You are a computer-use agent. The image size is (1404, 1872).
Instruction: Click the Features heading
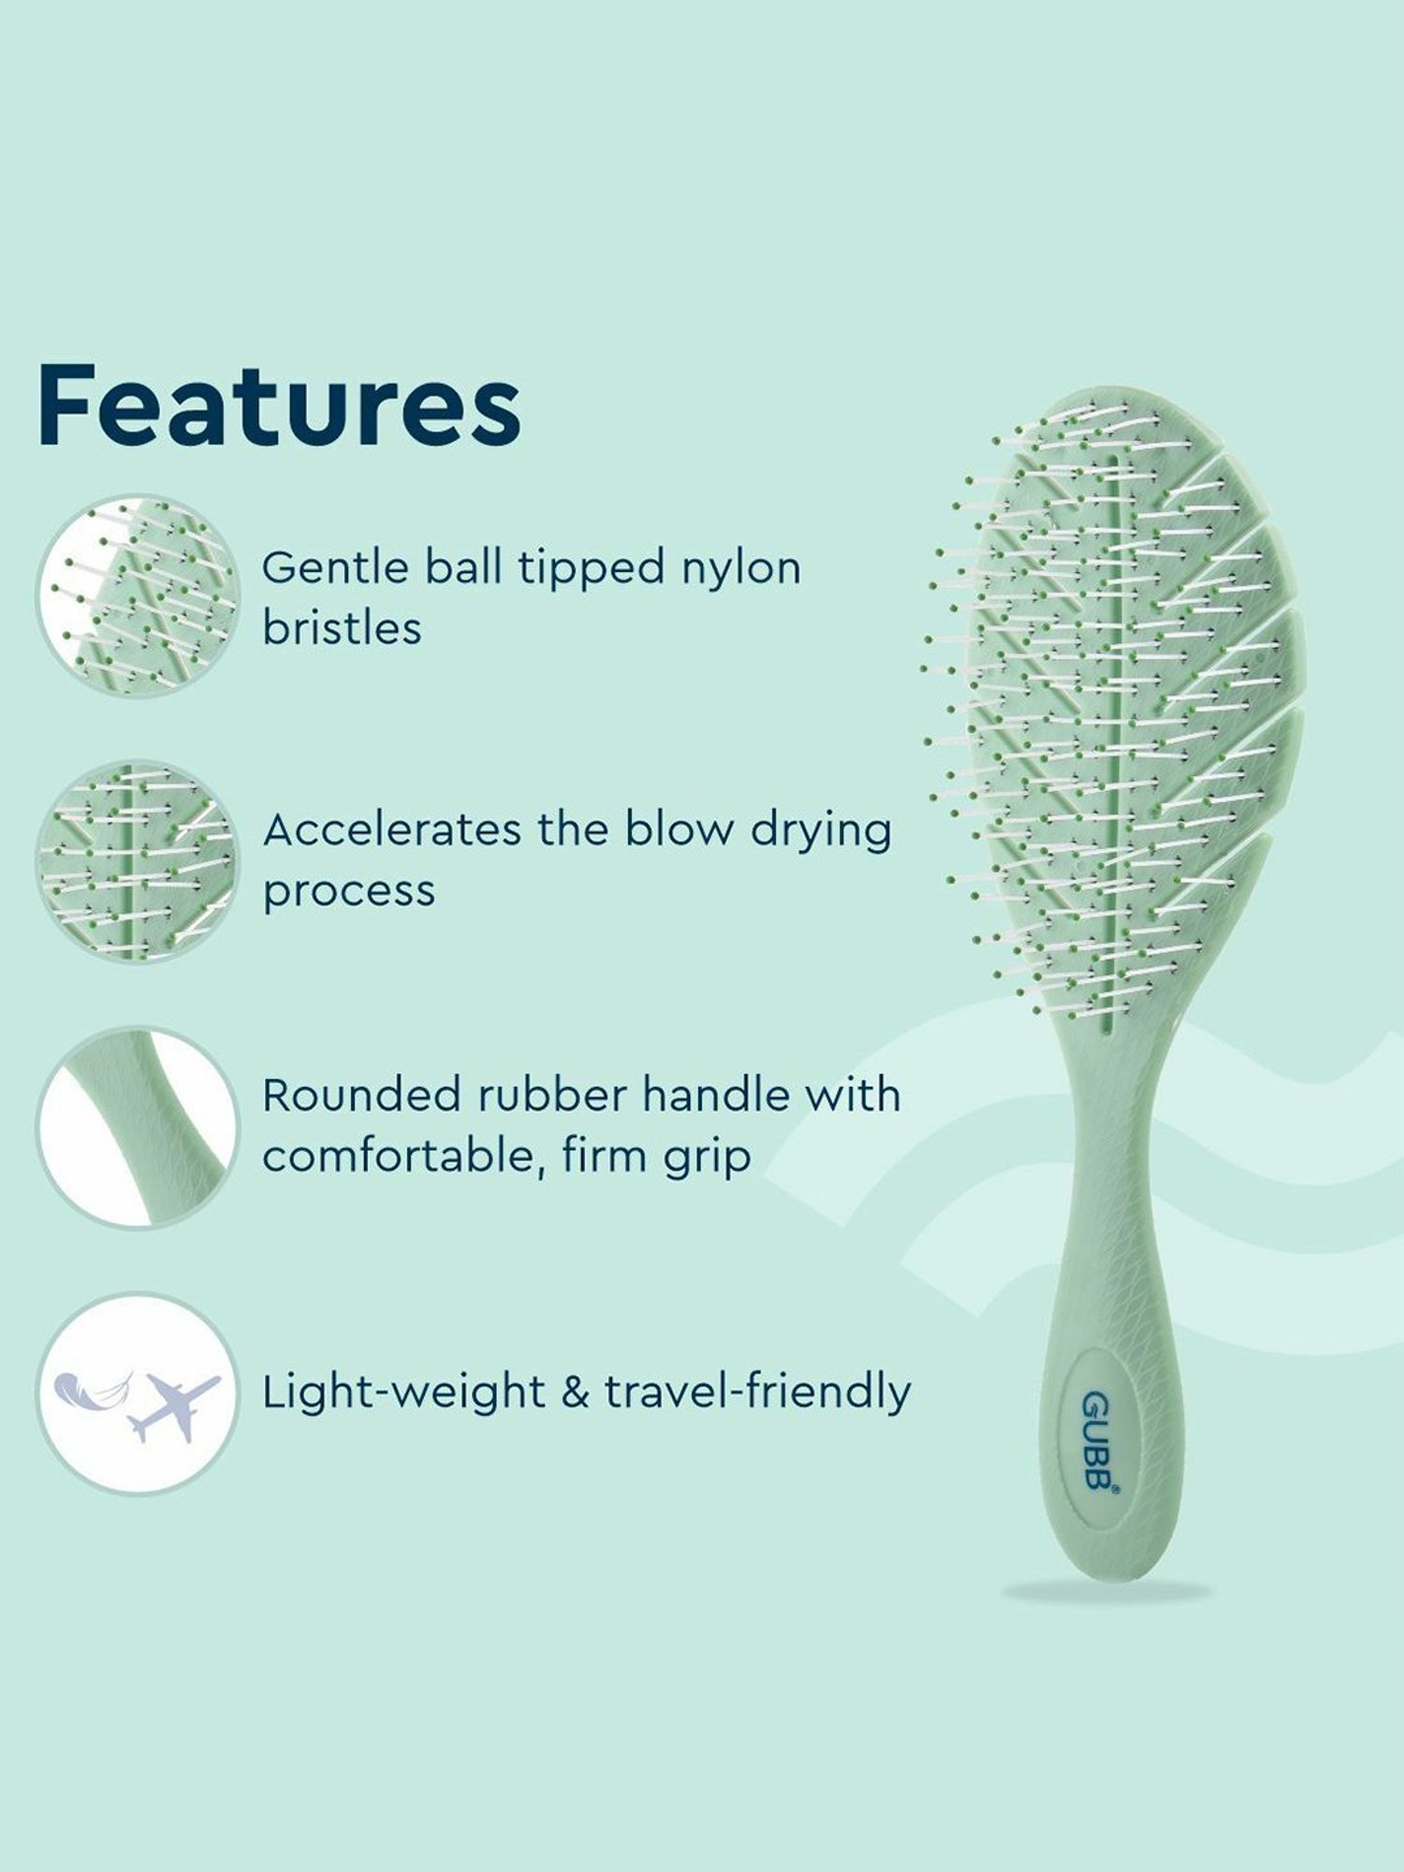pos(279,405)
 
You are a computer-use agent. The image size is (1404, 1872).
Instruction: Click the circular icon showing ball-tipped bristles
pos(139,595)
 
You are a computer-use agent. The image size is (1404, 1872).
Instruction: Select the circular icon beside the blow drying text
pos(139,861)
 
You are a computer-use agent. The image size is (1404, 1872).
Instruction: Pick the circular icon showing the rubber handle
pos(139,1128)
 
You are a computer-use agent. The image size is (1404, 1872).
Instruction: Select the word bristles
pos(342,628)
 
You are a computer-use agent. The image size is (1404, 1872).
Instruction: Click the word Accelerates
pos(390,829)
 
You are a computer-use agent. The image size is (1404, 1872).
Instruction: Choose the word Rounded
pos(359,1095)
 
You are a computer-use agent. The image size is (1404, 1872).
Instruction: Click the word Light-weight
pos(403,1392)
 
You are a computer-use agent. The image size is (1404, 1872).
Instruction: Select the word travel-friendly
pos(757,1392)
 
